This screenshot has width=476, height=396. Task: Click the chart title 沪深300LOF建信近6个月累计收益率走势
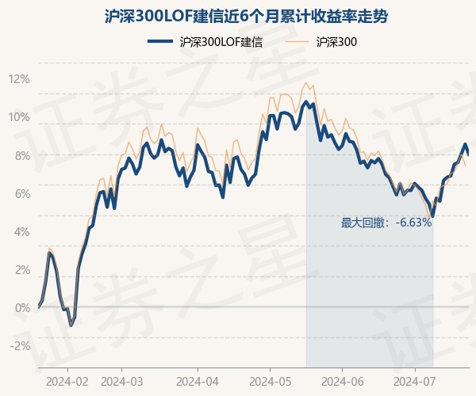tap(238, 16)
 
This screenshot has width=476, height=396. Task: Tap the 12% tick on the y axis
tap(19, 79)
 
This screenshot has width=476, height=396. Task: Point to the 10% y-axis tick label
tap(19, 117)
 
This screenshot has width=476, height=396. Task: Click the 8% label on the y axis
tap(21, 155)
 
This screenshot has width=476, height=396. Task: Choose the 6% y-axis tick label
tap(21, 193)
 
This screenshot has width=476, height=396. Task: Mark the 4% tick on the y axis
tap(21, 231)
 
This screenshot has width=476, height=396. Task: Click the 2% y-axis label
tap(21, 269)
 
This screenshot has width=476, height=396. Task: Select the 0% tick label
tap(21, 307)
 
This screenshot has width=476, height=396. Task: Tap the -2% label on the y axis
tap(19, 345)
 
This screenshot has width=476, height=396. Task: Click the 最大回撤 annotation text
tap(386, 223)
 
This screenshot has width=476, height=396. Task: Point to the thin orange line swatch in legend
tap(295, 42)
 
